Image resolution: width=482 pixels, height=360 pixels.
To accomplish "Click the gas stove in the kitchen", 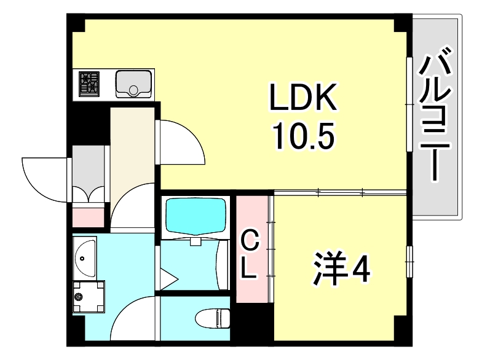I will coord(90,84).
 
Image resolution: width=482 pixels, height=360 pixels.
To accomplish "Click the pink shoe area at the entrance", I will coord(90,217).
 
